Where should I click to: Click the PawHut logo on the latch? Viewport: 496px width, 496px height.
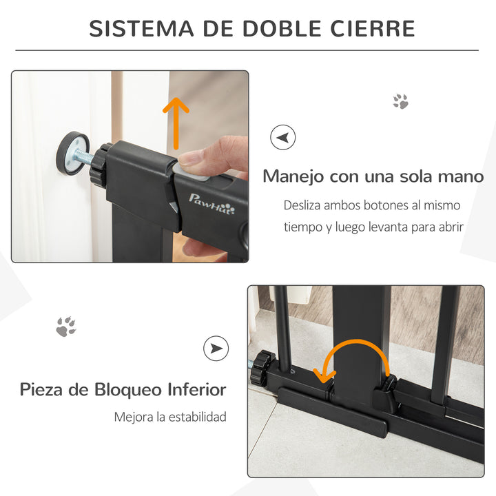(x=211, y=203)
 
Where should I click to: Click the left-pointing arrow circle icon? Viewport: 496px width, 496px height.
(x=282, y=137)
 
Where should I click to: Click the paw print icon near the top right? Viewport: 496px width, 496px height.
(x=400, y=102)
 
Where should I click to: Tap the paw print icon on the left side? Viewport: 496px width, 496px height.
(x=66, y=326)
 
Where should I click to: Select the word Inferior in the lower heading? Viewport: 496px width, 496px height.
(x=197, y=390)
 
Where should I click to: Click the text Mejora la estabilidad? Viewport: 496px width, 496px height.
(x=170, y=417)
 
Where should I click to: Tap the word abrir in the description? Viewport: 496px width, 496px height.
(x=447, y=227)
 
